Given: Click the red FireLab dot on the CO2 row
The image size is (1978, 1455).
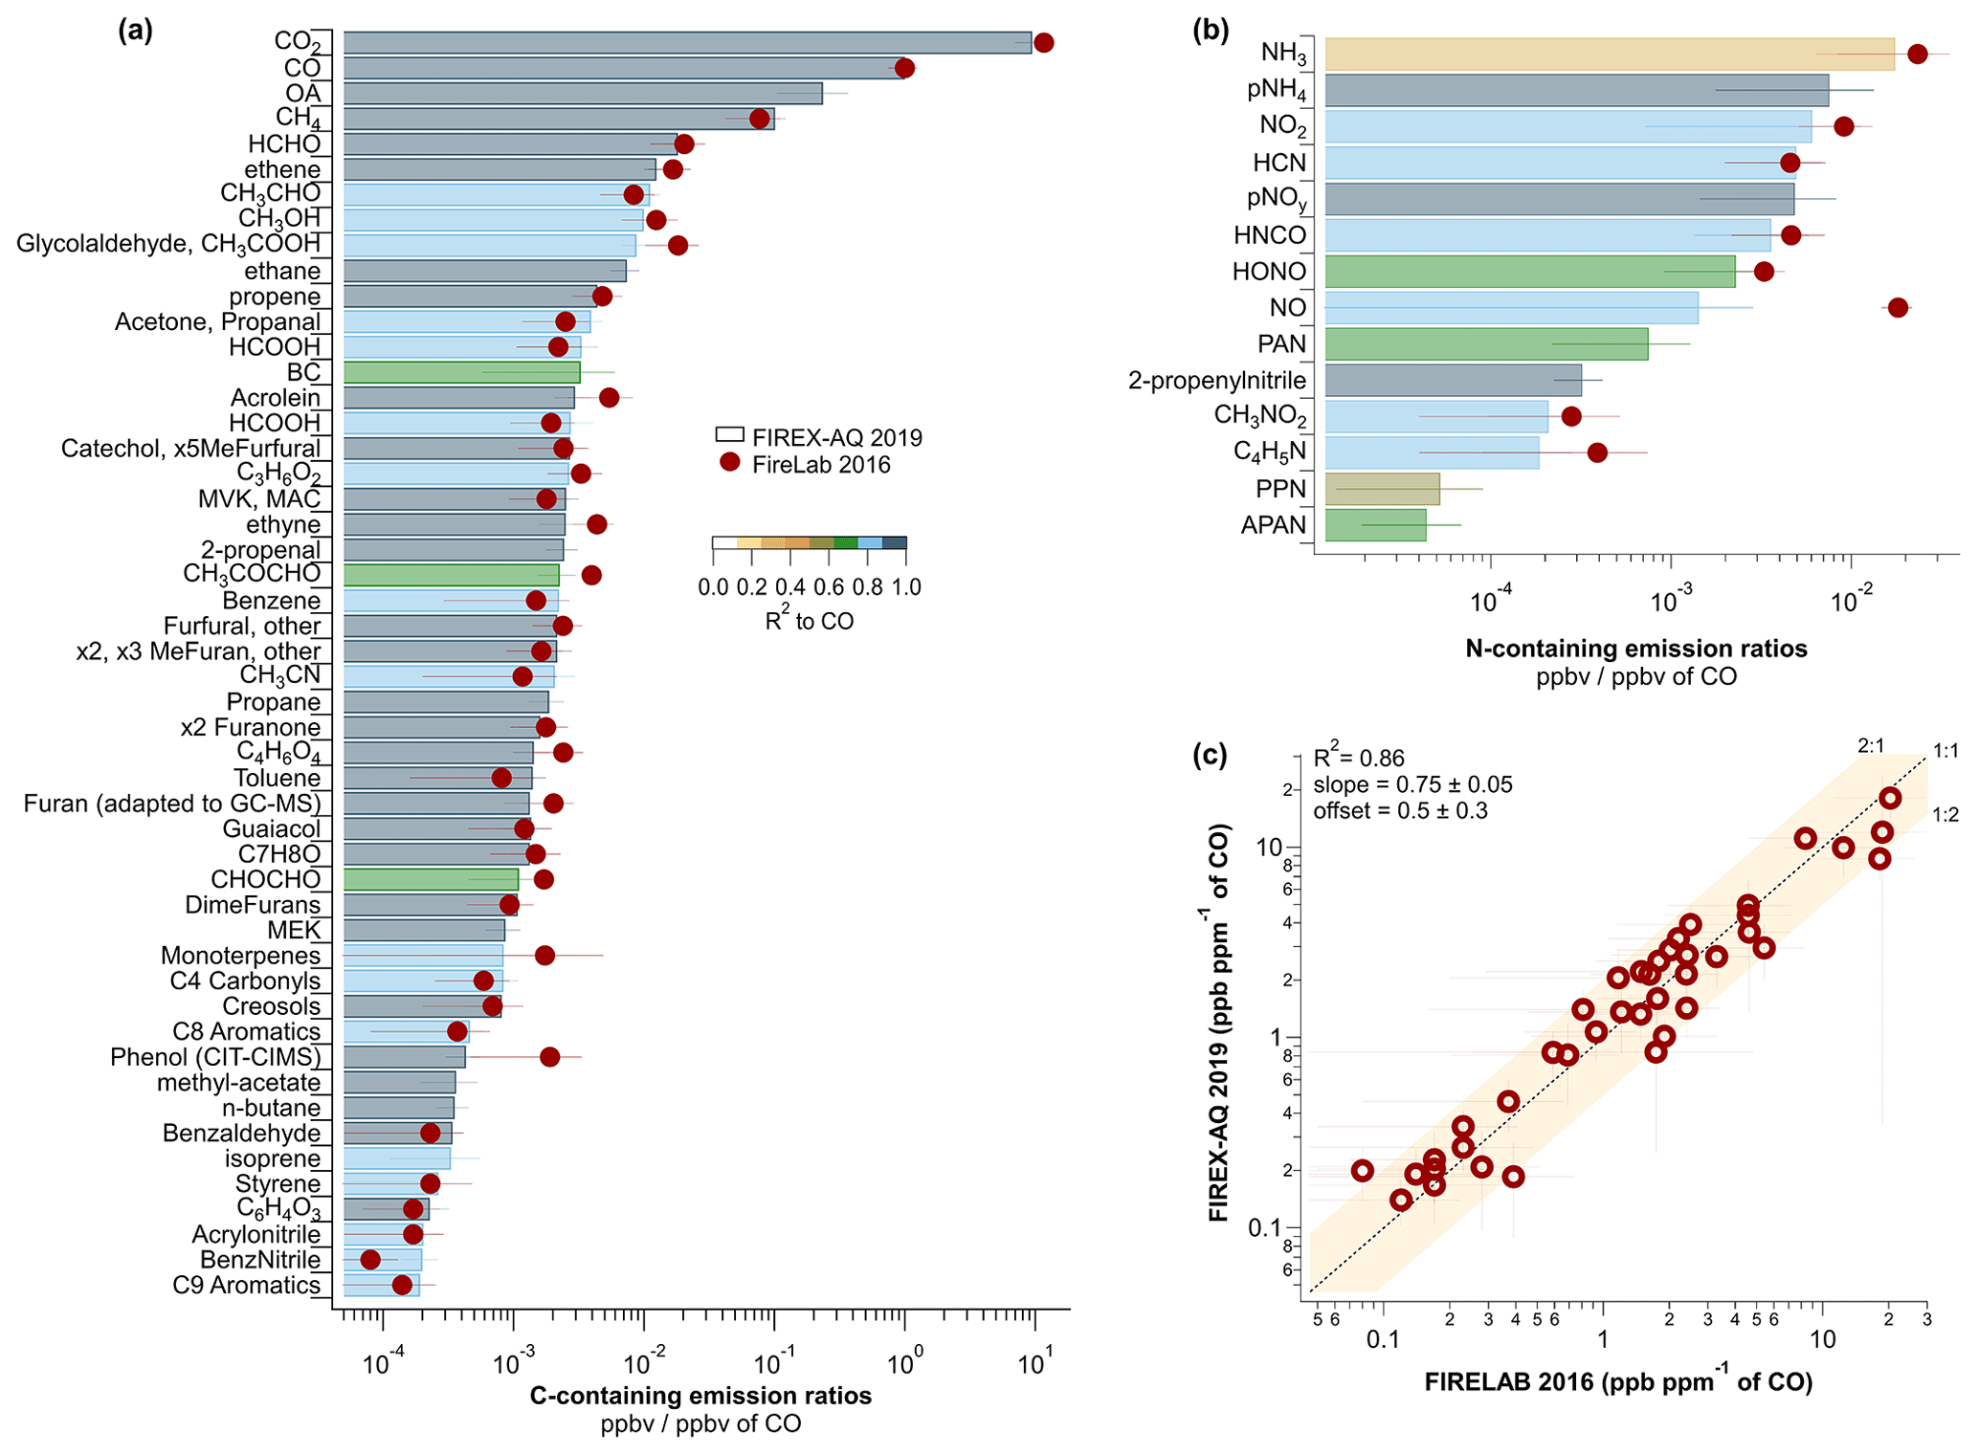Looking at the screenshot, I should pos(1043,42).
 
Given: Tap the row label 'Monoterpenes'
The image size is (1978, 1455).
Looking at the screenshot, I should pos(240,956).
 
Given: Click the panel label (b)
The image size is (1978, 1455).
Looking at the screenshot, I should pos(1211,31).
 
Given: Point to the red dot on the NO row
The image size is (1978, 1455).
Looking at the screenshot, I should pos(1898,308).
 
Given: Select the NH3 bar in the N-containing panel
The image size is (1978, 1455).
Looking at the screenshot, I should pos(1609,54).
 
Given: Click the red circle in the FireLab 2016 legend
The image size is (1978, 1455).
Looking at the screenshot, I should pos(730,463).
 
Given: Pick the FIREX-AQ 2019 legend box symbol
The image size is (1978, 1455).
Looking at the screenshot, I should pos(729,435).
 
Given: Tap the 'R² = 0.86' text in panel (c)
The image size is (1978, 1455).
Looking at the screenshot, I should pos(1358,759).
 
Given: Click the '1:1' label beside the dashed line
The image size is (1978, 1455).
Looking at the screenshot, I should pos(1945,752).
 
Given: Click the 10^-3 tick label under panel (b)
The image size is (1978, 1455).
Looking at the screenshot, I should pos(1669,603).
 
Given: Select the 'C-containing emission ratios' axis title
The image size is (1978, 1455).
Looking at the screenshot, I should pos(700,1396).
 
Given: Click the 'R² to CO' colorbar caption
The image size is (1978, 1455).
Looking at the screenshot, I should pos(809,621).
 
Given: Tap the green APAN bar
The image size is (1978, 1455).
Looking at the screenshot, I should pos(1375,525).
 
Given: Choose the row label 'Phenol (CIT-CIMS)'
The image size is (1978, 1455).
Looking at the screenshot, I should pos(215,1057).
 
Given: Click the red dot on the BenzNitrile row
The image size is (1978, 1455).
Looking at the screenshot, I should pos(370,1260).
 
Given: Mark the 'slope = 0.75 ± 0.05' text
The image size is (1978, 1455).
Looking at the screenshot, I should pos(1412,785).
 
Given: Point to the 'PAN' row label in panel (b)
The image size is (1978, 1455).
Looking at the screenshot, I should pos(1281,344).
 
